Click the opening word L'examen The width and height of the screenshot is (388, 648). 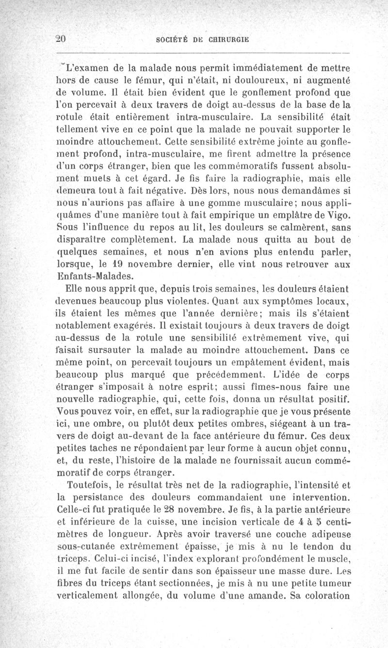point(88,65)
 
